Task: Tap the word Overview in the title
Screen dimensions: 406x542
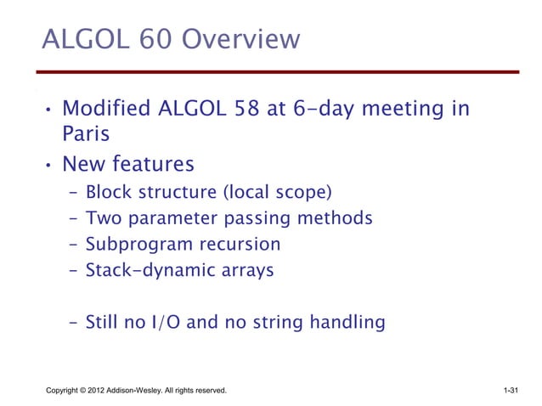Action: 244,40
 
